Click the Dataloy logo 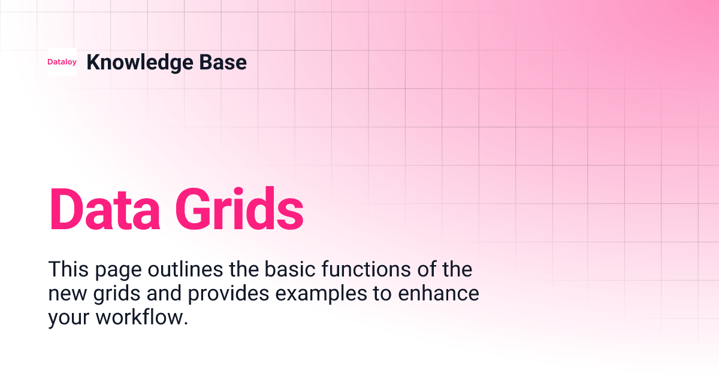click(62, 62)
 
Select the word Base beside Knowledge click(226, 62)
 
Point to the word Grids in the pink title click(239, 209)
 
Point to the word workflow click(142, 317)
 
